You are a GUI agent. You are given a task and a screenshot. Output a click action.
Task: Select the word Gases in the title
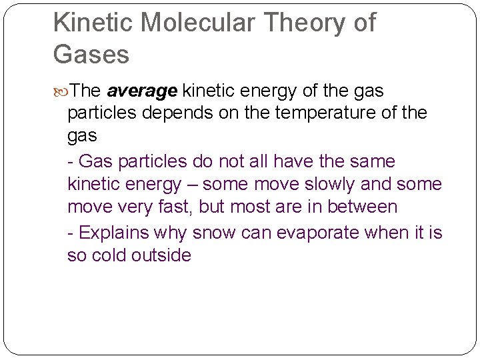point(91,54)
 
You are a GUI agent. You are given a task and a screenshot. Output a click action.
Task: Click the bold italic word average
point(142,90)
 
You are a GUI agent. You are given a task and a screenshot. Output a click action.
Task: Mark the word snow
point(214,233)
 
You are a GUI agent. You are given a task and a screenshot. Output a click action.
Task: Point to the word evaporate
point(313,233)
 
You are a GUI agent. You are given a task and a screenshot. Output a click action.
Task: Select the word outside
point(162,255)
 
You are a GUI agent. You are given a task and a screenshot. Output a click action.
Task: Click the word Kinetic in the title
point(93,23)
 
